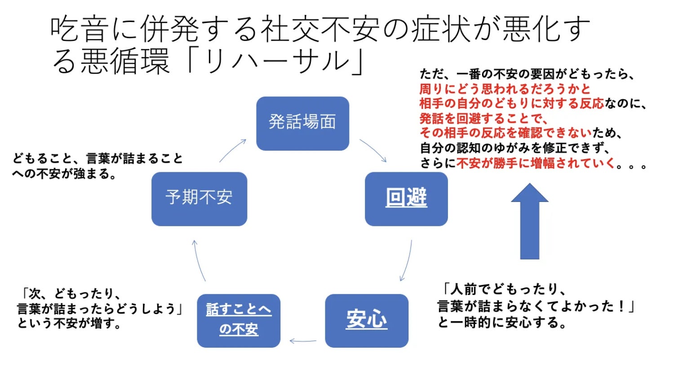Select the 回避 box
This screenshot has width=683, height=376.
(406, 199)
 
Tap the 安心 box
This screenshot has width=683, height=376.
(366, 320)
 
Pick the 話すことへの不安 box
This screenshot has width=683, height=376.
(239, 320)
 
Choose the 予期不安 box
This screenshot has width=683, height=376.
(199, 198)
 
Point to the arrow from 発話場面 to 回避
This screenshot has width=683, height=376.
(373, 150)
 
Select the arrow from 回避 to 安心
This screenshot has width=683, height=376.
(406, 261)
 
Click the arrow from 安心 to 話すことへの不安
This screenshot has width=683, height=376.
(303, 341)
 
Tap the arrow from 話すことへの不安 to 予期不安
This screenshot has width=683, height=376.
(199, 261)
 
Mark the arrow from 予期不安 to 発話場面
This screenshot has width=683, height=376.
(233, 150)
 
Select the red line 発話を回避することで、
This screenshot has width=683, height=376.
(483, 118)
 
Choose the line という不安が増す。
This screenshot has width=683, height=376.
(70, 323)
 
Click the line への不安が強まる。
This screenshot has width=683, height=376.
(65, 174)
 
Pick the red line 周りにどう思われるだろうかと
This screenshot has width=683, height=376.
(505, 89)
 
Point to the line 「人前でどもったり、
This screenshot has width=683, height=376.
(504, 289)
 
